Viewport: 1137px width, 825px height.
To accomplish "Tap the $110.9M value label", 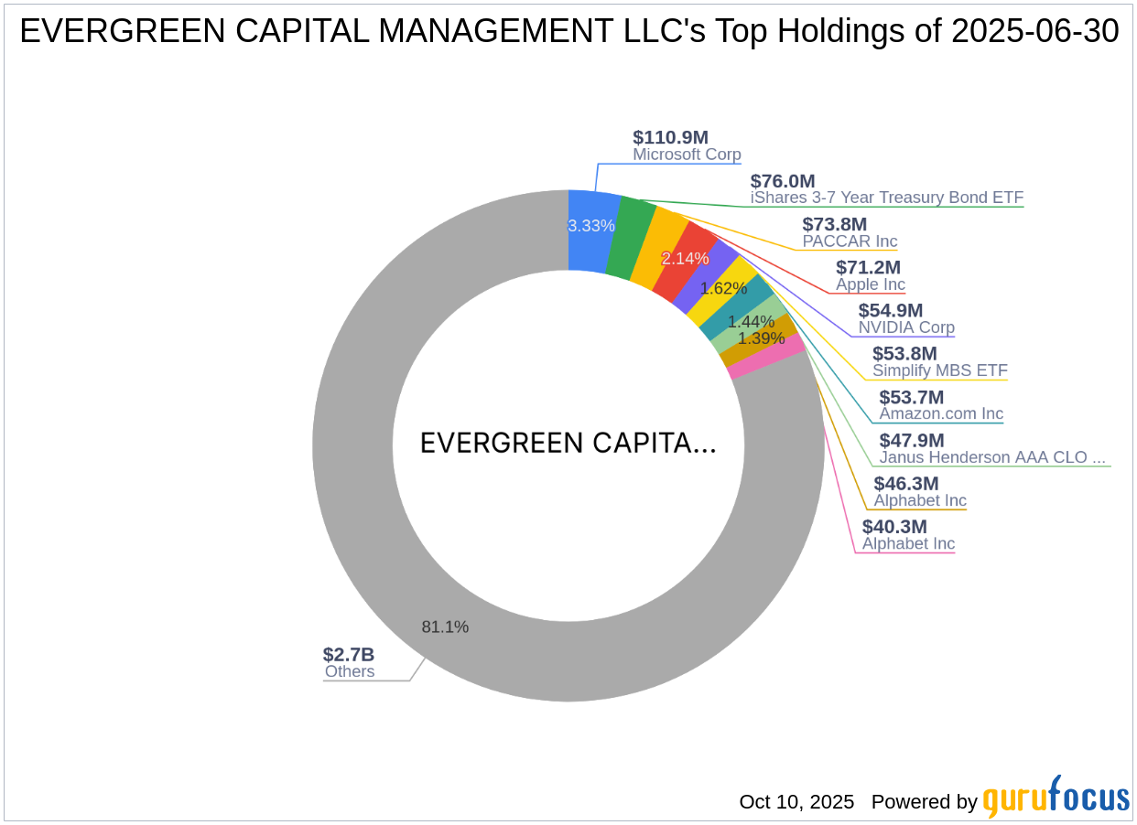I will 670,137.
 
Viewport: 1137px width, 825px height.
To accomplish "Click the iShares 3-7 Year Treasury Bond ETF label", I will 886,198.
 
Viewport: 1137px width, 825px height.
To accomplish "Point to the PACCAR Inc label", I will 850,241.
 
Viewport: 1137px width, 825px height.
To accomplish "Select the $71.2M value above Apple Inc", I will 868,267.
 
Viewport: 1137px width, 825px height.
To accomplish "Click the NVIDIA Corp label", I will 906,327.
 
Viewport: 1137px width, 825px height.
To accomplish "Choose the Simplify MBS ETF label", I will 939,370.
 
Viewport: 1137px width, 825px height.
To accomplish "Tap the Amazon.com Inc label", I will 941,413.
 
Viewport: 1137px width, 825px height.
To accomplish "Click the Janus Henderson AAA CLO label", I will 992,457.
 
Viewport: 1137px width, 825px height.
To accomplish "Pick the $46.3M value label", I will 905,483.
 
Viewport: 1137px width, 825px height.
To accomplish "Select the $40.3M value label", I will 894,527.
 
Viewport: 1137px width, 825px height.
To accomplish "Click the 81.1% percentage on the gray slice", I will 445,627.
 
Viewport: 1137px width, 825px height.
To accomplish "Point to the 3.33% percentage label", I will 590,225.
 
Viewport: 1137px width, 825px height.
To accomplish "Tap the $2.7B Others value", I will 348,654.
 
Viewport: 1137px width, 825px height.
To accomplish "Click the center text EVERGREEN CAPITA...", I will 568,444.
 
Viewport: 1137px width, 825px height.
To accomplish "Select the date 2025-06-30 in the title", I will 1034,32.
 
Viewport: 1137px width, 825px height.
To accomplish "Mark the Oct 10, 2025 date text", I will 796,802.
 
